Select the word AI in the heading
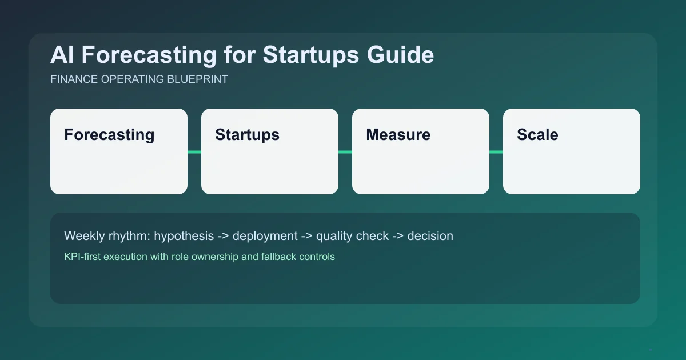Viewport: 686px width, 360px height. point(61,55)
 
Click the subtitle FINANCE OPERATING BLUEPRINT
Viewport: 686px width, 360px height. point(139,79)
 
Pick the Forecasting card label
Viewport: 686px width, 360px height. point(109,135)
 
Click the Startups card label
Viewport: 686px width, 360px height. point(247,135)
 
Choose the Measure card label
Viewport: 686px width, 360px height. point(398,135)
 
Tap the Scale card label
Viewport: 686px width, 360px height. point(537,135)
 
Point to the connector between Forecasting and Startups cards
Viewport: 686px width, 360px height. point(194,151)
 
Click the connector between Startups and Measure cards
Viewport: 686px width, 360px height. point(345,151)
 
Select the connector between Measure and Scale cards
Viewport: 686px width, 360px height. point(496,151)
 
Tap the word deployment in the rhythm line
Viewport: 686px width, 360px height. point(265,236)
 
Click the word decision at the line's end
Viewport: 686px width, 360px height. point(430,236)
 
